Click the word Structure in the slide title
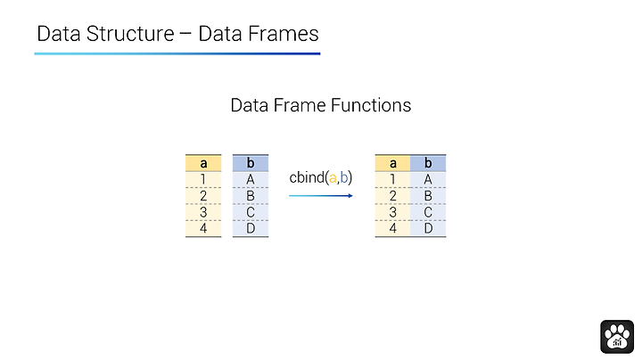[x=130, y=34]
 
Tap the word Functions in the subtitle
[x=371, y=105]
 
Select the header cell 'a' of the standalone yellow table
[x=203, y=163]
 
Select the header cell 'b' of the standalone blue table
[x=251, y=163]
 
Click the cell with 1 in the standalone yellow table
[x=203, y=180]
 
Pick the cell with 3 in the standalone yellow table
[x=203, y=212]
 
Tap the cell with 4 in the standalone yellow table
[x=203, y=228]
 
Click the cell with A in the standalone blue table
[x=251, y=180]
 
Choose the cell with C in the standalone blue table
[x=251, y=212]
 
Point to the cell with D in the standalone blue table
[x=251, y=228]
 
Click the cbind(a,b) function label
[x=321, y=177]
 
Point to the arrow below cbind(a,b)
[x=321, y=195]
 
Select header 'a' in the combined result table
[x=392, y=163]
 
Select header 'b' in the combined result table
[x=428, y=163]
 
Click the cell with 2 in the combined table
[x=392, y=196]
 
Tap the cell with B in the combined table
[x=428, y=196]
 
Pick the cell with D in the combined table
[x=428, y=228]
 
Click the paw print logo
[x=617, y=337]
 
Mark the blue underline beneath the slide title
[x=177, y=53]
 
